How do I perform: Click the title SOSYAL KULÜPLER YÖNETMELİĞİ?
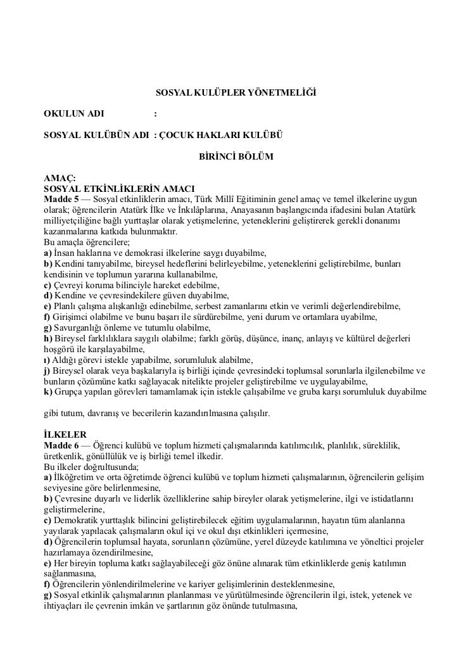click(235, 94)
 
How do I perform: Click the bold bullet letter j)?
click(47, 370)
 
